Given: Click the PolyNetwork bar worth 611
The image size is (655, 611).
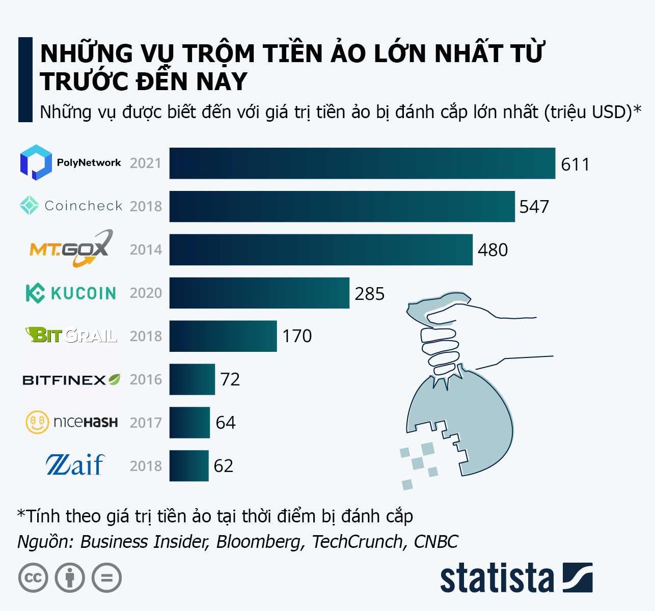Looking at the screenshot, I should pos(362,163).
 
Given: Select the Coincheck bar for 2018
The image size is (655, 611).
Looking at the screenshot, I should pos(342,206).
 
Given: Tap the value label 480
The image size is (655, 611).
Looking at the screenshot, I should pos(493,250).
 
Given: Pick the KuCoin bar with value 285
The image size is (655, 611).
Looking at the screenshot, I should pos(259,293).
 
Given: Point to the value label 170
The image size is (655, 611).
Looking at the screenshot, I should pos(297,336).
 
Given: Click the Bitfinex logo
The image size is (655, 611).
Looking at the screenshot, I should pos(71,380).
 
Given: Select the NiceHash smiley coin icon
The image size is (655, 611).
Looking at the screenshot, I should pos(37,422).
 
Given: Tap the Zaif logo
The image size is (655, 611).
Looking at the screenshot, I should pos(75,465).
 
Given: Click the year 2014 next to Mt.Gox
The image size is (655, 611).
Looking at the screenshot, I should pos(146,250).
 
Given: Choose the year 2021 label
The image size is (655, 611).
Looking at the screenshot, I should pos(146,163).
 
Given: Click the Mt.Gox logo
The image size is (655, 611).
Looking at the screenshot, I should pos(70,248).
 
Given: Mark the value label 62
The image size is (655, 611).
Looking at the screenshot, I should pos(224,466).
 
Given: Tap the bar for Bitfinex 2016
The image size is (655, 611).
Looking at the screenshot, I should pos(192,379).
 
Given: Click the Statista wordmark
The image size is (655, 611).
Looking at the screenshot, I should pos(497,578).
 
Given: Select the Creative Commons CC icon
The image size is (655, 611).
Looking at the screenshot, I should pos(33,578).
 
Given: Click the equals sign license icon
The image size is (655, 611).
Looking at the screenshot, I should pos(107,578).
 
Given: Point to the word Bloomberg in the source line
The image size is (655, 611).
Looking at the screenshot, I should pos(260,542).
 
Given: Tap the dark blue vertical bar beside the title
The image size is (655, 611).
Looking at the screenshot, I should pos(25,79).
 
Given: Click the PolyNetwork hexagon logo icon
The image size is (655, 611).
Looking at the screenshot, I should pos(36,162).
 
